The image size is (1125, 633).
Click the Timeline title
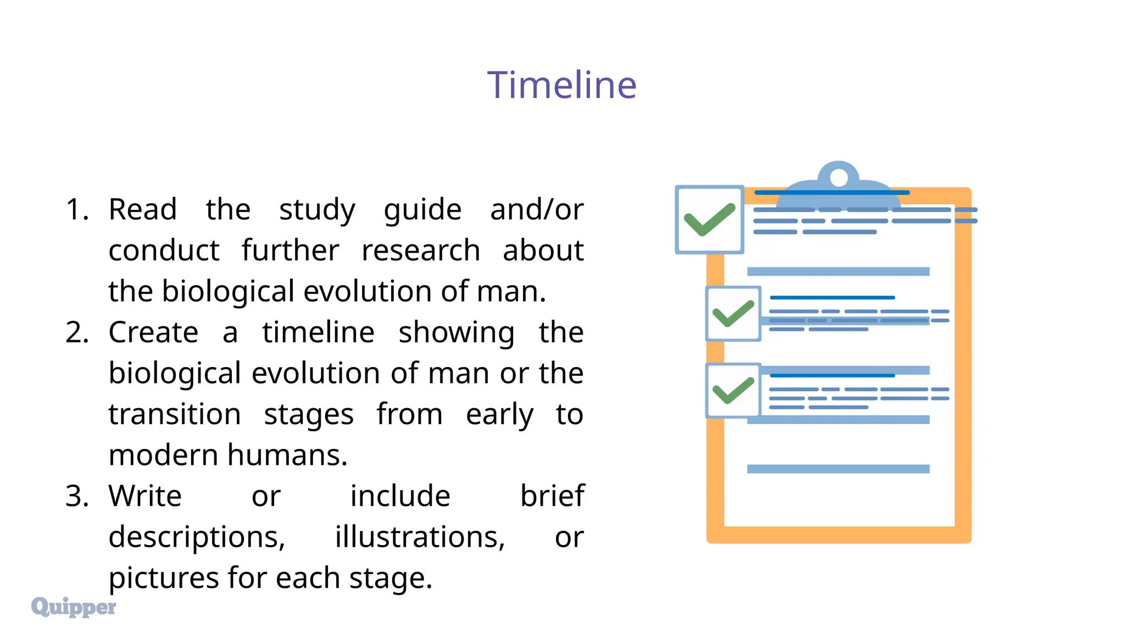coord(561,85)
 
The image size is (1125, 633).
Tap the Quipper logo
coord(74,607)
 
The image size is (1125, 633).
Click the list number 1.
coord(76,209)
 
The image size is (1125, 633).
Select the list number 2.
coord(77,332)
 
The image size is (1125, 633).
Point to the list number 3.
coord(77,496)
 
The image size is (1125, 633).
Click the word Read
coord(143,209)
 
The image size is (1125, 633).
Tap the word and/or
coord(536,209)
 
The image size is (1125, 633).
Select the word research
coord(421,251)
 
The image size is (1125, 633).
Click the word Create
coord(153,332)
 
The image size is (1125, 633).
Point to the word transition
coord(175,414)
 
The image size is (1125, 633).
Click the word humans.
coord(287,455)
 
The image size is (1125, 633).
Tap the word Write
coord(145,496)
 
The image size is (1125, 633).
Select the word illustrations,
coord(420,537)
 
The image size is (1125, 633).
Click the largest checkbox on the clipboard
coord(709,220)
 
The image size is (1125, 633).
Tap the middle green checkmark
coord(733,314)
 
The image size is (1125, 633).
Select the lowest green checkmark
coord(733,391)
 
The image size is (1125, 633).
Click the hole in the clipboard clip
coord(839,177)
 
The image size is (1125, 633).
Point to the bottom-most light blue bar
coord(838,469)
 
